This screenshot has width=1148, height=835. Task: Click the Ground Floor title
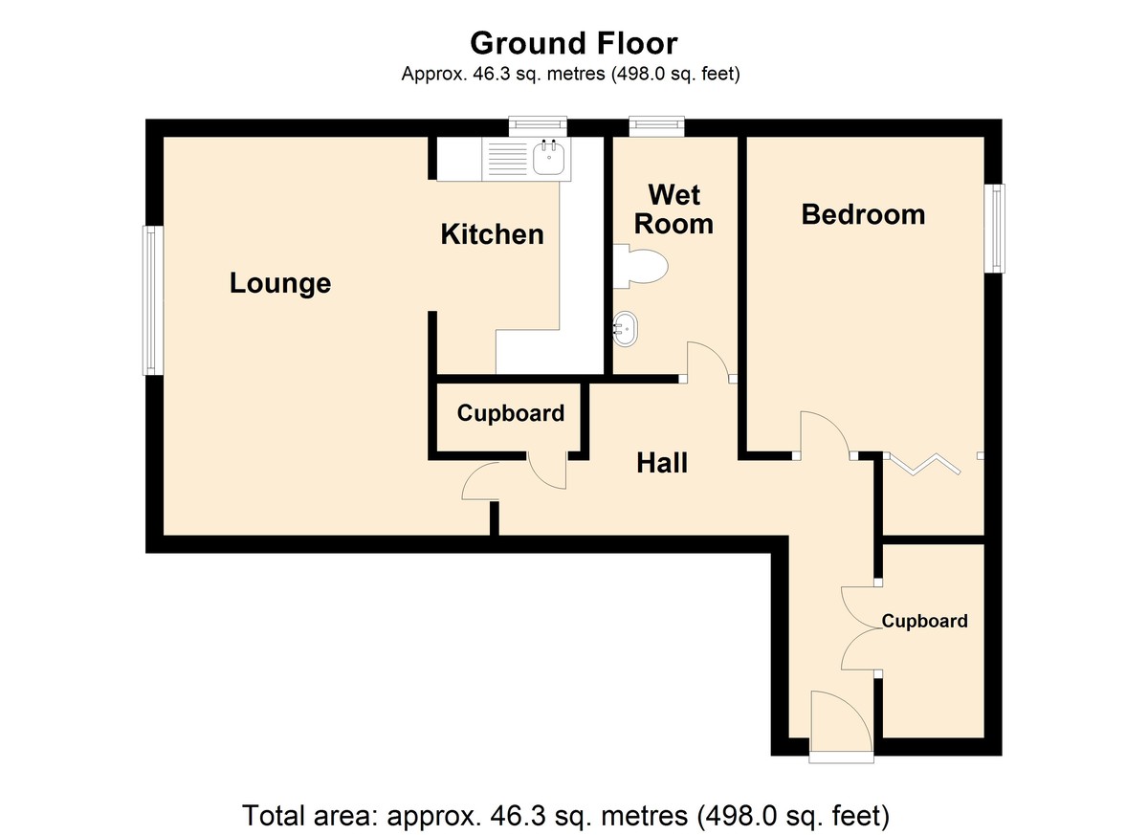pyautogui.click(x=573, y=44)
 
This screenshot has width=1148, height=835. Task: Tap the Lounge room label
pyautogui.click(x=280, y=283)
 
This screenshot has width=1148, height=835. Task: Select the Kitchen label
pyautogui.click(x=492, y=234)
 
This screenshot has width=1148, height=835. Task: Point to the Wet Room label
pyautogui.click(x=673, y=209)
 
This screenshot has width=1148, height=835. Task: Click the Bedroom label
pyautogui.click(x=864, y=214)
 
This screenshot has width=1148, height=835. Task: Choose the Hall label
pyautogui.click(x=662, y=463)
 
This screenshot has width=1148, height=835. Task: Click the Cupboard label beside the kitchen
pyautogui.click(x=511, y=413)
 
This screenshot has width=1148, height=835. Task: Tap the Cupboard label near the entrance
pyautogui.click(x=924, y=622)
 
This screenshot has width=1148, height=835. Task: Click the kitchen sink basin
pyautogui.click(x=549, y=158)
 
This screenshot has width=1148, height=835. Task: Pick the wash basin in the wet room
pyautogui.click(x=626, y=329)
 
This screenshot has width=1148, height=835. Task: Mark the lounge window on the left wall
pyautogui.click(x=153, y=300)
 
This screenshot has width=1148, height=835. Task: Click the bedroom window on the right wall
pyautogui.click(x=994, y=229)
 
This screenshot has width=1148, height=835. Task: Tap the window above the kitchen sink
pyautogui.click(x=538, y=126)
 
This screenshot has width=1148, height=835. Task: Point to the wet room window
pyautogui.click(x=656, y=126)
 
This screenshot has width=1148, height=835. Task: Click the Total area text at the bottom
pyautogui.click(x=565, y=815)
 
